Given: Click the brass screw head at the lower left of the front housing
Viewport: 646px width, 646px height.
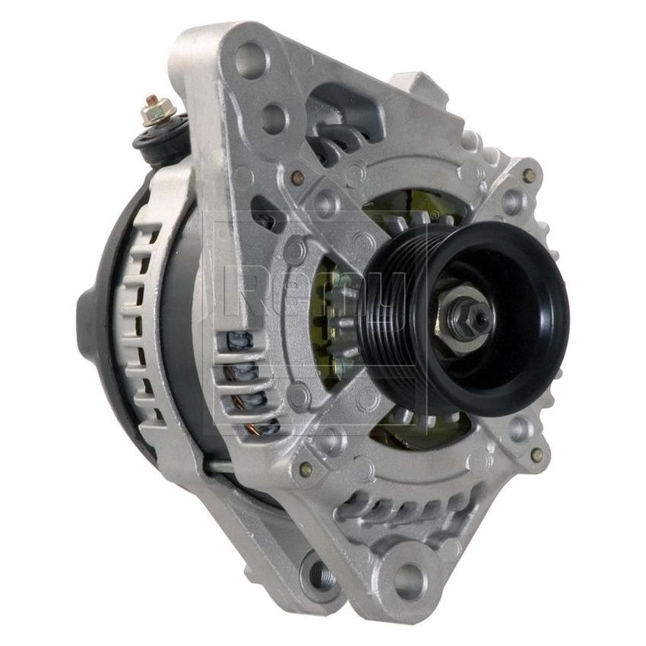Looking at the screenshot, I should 306,470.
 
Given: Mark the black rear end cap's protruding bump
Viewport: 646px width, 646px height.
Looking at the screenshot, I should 85,327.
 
